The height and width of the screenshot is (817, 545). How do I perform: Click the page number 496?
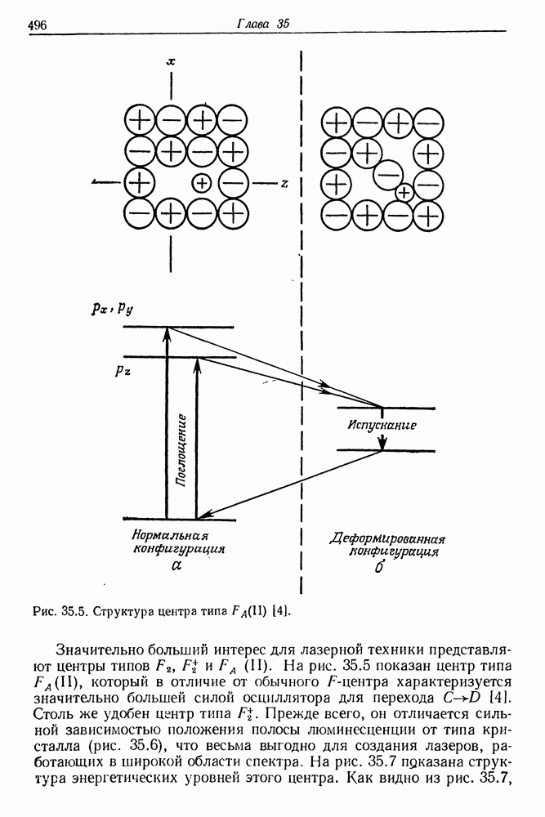(x=37, y=25)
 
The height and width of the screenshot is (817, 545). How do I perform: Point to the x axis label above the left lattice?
(x=171, y=61)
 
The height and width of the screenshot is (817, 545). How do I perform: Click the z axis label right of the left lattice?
(x=284, y=184)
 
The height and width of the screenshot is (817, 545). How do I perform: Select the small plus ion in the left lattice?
(x=202, y=183)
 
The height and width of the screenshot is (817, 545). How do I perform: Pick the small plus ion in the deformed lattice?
(x=404, y=193)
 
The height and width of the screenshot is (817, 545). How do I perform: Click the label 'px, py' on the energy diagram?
(x=114, y=308)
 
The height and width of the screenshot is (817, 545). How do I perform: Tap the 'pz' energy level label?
(x=123, y=368)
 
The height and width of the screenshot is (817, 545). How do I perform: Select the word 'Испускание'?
(x=382, y=425)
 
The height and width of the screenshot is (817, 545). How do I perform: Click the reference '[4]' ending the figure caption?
(x=281, y=610)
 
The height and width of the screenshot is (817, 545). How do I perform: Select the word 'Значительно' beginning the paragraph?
(x=97, y=650)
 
